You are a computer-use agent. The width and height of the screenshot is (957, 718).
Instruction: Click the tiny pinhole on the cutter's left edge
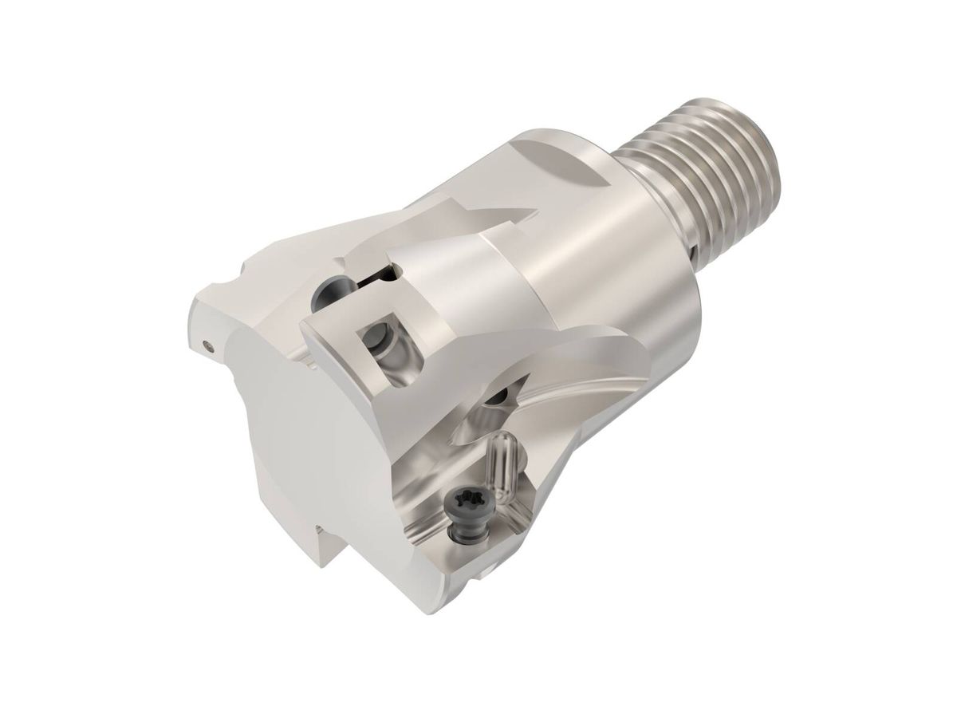(208, 346)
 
